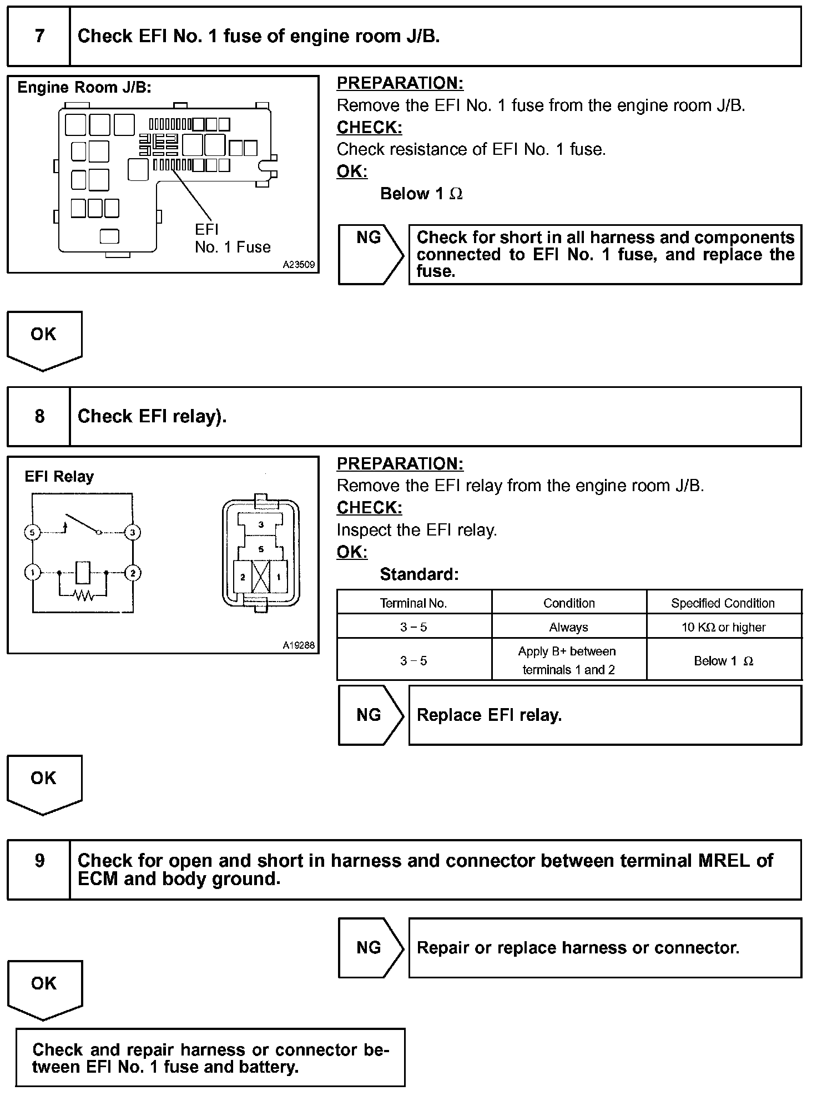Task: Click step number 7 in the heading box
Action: point(39,37)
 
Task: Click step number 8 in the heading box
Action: point(39,417)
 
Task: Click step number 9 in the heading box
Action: point(39,861)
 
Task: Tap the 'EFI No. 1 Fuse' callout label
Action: point(232,239)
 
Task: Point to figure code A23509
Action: point(299,265)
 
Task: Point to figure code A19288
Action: point(299,645)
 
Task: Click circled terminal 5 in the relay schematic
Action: point(32,533)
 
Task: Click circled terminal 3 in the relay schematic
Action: point(133,533)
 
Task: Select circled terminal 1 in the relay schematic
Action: point(33,573)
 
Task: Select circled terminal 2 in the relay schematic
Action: point(133,573)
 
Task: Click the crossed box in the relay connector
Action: point(261,577)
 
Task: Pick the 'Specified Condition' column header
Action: point(723,603)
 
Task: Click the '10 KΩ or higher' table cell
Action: point(723,628)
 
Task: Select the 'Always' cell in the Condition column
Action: point(569,628)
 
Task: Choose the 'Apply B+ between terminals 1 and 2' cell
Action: point(569,660)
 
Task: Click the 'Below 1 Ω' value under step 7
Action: point(421,194)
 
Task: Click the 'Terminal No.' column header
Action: point(413,603)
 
